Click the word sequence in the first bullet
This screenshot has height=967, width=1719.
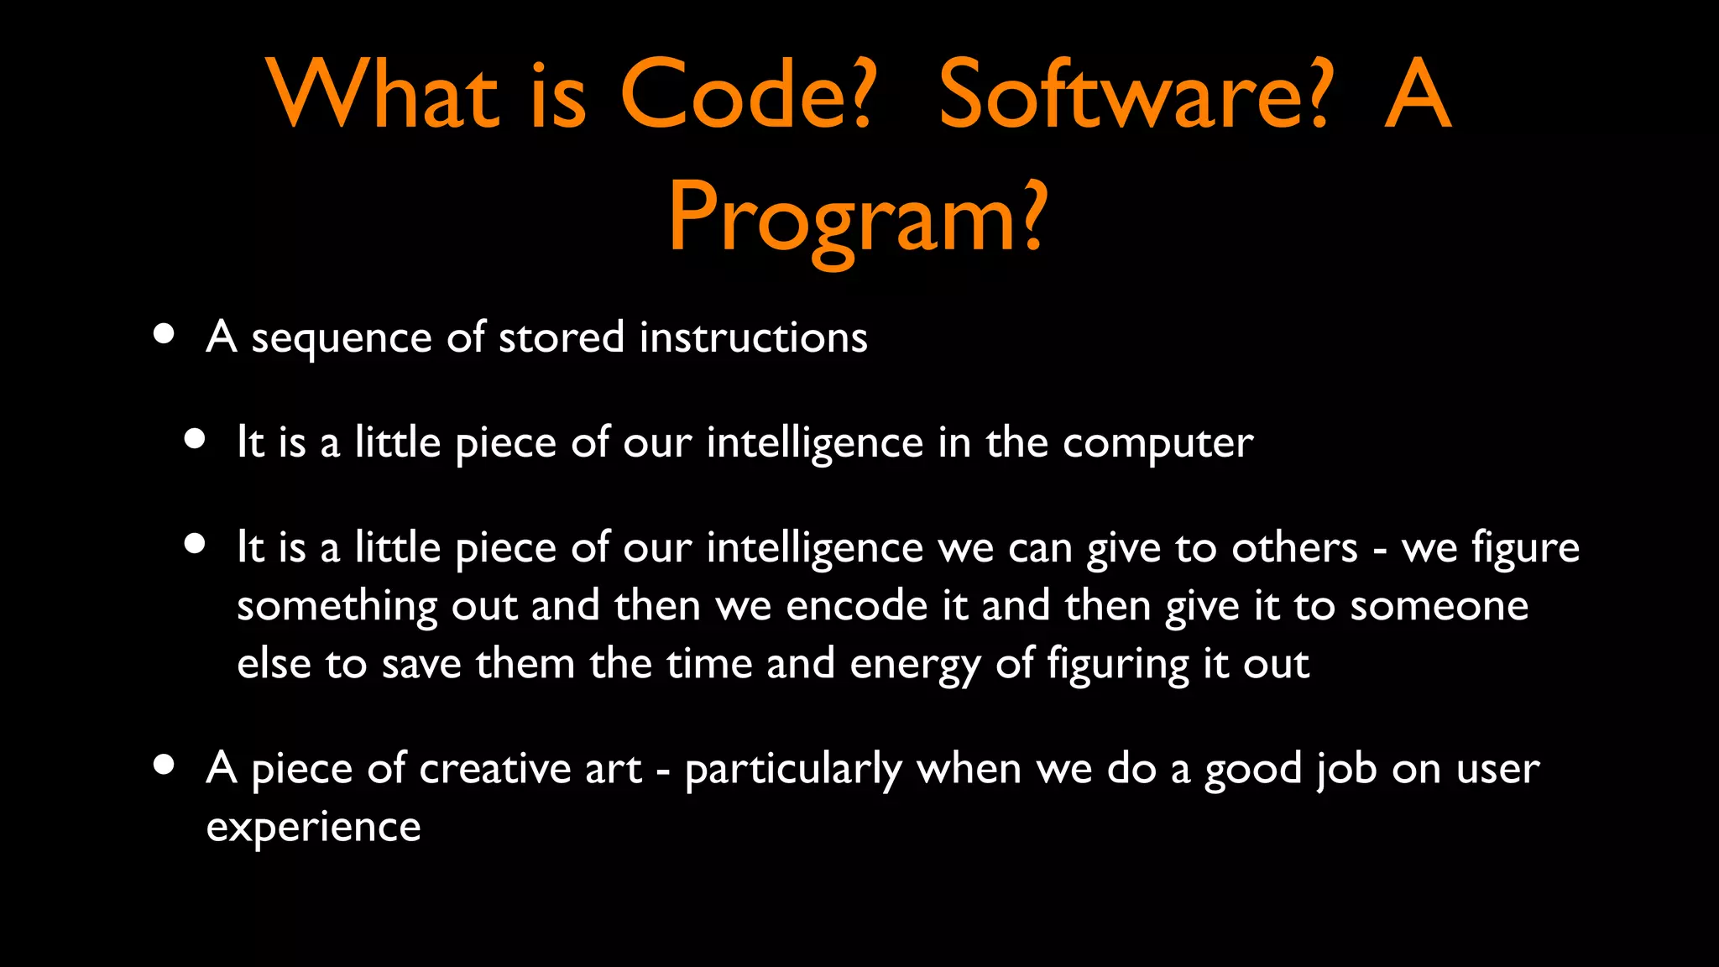tap(342, 339)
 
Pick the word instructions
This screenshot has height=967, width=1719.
tap(753, 337)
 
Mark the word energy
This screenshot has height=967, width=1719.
tap(915, 666)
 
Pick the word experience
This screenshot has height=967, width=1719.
tap(313, 828)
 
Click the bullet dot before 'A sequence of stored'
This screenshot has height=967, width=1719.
tap(165, 334)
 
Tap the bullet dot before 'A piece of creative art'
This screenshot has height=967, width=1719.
tap(165, 765)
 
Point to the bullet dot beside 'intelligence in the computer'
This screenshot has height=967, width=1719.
tap(195, 439)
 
